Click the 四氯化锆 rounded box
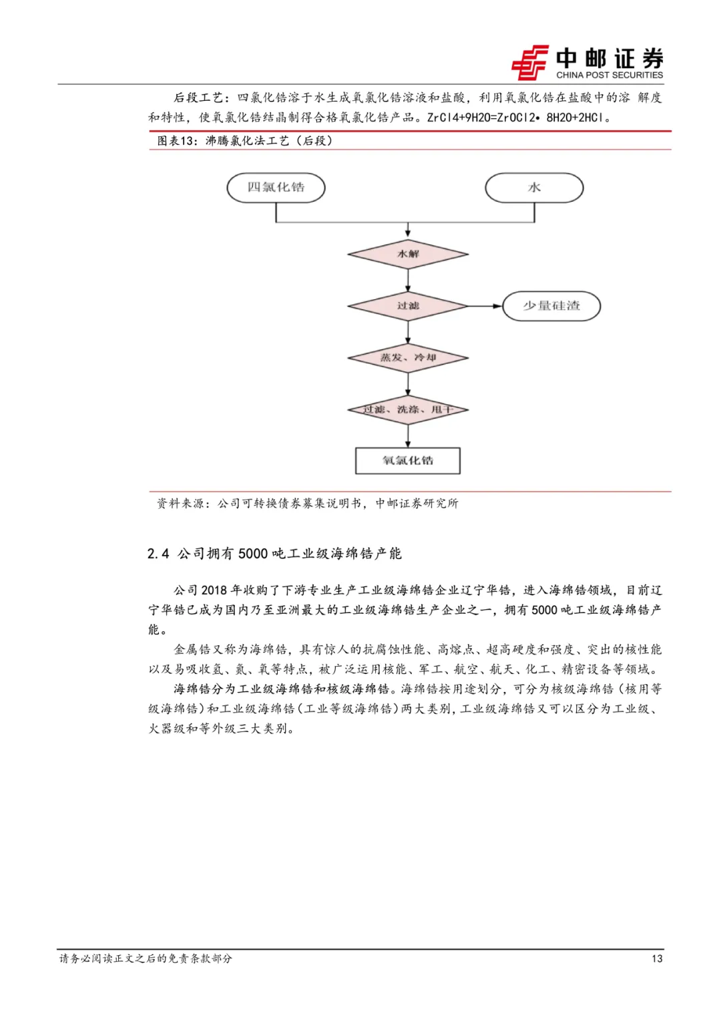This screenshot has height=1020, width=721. coord(276,188)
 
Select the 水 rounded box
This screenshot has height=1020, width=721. coord(534,188)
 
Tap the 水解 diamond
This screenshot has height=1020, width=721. coord(408,254)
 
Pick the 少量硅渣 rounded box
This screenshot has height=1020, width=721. coord(551,306)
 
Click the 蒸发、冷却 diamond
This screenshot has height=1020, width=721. coord(408,358)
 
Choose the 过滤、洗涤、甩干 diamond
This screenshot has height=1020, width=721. coord(408,409)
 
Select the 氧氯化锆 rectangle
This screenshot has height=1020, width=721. coord(408,460)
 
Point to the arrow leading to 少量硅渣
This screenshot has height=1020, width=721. coord(485,306)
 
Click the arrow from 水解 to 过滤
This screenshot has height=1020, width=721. coord(408,280)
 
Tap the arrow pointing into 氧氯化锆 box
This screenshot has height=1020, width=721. coord(408,436)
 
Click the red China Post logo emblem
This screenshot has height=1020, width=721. coord(530,63)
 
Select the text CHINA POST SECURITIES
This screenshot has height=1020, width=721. coord(610,75)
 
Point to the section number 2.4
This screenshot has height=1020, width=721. coord(158,554)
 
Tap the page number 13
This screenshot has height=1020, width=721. coord(657,959)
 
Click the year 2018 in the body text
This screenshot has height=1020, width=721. coord(214,590)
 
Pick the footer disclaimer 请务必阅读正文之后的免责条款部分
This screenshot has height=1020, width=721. coord(146,959)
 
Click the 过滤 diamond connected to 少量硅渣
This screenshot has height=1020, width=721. coord(408,306)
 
